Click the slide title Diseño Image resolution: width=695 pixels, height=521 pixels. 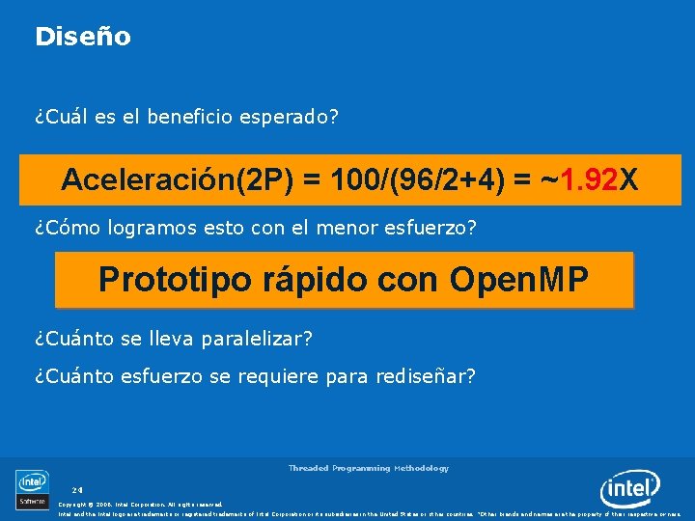coord(82,37)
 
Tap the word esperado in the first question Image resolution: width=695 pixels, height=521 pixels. coord(292,117)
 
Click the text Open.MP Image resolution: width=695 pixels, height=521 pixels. coord(518,280)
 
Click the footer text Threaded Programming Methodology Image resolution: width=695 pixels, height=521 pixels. coord(368,468)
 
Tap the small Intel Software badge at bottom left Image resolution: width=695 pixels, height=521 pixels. coord(32,488)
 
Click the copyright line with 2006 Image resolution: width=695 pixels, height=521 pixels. coord(140,504)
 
